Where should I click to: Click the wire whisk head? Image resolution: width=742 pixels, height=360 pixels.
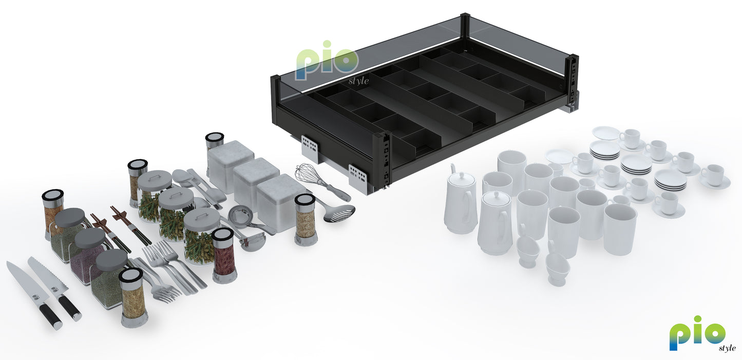pos(307,174)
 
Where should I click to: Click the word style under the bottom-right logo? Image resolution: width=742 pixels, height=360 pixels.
pos(727,348)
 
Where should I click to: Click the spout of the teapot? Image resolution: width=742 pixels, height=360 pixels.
pos(452,168)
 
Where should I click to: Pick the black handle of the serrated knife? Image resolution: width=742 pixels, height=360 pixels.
pos(69,308)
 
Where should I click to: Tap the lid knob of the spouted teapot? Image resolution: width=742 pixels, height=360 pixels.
pos(461,174)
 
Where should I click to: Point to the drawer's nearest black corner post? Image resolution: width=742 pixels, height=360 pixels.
pos(382,159)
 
